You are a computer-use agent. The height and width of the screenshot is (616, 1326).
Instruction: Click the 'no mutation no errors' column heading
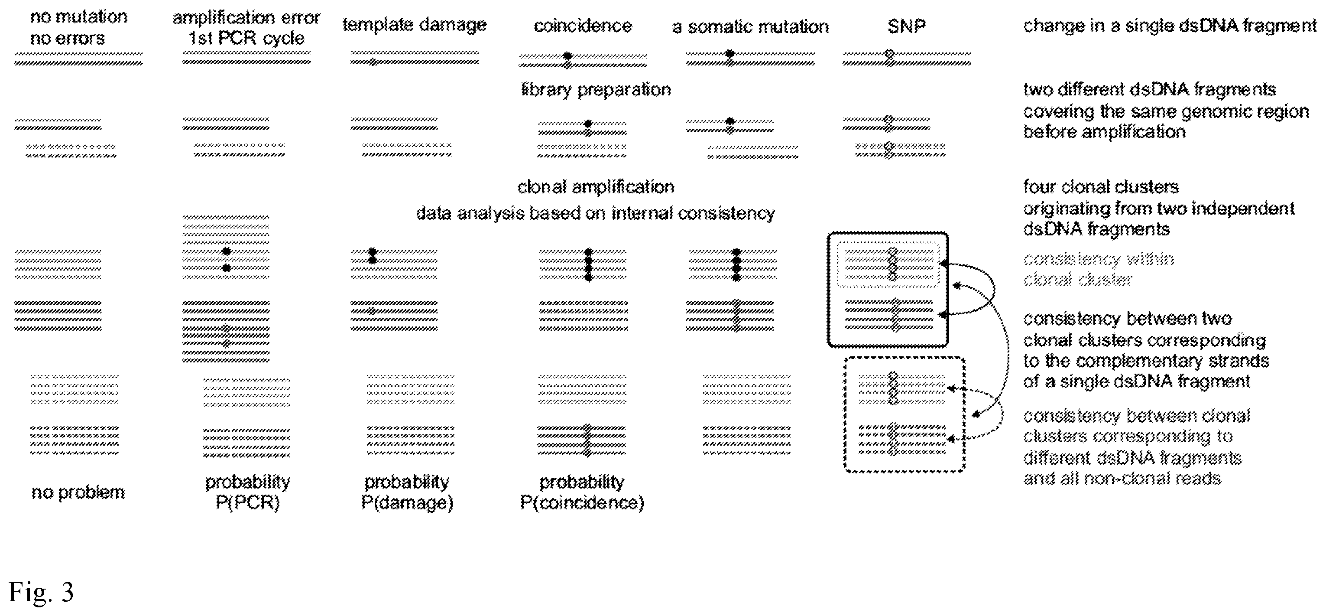tap(79, 27)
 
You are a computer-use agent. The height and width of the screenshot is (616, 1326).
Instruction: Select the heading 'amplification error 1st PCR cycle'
tap(246, 28)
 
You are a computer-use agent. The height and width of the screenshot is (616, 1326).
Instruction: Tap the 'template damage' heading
tap(415, 25)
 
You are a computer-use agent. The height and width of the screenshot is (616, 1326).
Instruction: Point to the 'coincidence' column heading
tap(583, 26)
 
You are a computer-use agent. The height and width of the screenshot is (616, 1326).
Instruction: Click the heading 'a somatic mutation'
tap(751, 27)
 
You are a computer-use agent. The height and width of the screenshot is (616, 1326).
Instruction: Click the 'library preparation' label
tap(596, 90)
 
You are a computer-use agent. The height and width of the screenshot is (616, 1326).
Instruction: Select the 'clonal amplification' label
tap(596, 186)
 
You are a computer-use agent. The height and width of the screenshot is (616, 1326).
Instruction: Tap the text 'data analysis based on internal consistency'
tap(595, 213)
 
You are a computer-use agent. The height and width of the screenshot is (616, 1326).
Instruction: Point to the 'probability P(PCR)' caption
tap(248, 492)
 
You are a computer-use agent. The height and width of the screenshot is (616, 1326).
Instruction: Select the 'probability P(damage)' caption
tap(407, 492)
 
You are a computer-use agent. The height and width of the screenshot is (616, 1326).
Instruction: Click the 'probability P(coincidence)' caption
tap(582, 492)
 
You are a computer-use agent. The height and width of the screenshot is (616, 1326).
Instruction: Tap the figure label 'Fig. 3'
tap(41, 592)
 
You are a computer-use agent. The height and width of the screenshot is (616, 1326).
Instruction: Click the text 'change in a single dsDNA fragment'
tap(1170, 26)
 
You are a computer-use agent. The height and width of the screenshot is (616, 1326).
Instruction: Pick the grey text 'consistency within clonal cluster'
tap(1099, 269)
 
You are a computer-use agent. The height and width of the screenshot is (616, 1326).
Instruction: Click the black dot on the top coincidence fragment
tap(567, 55)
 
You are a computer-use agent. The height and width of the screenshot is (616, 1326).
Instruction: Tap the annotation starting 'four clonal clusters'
tap(1159, 208)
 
